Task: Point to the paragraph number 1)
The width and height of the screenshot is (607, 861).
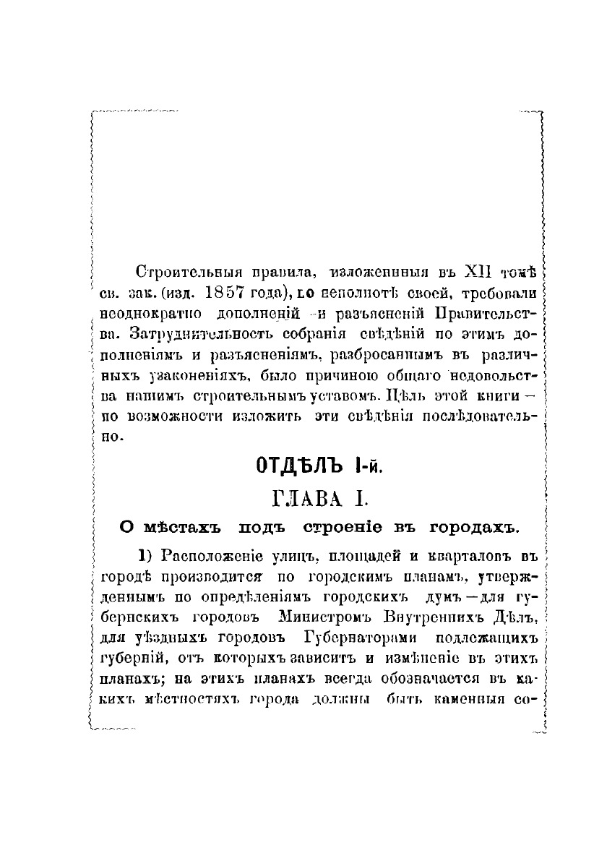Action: pos(143,556)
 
